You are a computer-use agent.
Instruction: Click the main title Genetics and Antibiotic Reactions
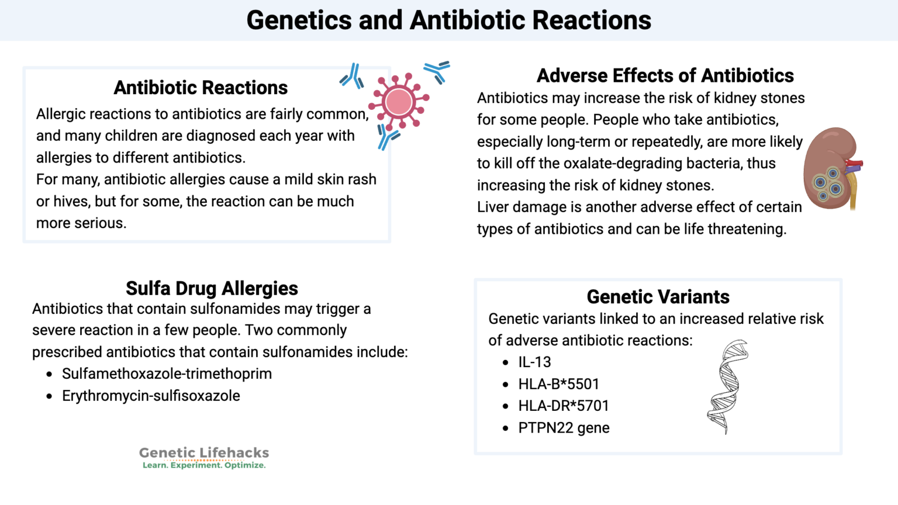pos(448,20)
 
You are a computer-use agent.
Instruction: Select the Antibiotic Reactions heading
pos(201,88)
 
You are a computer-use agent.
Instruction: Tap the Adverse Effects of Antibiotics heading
pos(665,76)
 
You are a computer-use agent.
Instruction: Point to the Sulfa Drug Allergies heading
pos(212,288)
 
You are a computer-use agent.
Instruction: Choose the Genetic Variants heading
pos(658,297)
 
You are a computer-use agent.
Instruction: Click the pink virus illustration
pos(399,102)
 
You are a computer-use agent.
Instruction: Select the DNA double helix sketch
pos(727,386)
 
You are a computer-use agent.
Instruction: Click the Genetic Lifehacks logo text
pos(204,452)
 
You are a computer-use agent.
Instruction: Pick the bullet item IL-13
pos(534,362)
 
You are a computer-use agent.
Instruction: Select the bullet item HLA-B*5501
pos(558,384)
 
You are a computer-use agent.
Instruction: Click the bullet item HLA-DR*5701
pos(563,406)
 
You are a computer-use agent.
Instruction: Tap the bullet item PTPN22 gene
pos(564,428)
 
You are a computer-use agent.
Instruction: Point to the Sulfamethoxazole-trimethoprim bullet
pos(167,374)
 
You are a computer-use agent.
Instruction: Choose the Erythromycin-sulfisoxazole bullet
pos(151,396)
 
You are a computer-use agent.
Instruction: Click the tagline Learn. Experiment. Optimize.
pos(204,465)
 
